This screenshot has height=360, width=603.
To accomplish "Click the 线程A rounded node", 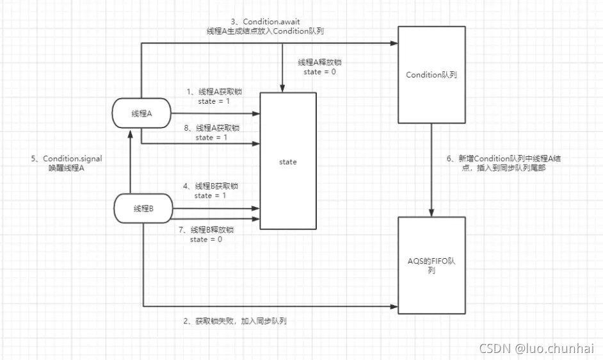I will (141, 114).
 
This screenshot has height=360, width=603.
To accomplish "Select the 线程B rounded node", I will (143, 208).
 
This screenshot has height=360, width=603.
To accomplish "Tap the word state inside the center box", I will (288, 162).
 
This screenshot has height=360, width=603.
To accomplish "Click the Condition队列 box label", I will (431, 75).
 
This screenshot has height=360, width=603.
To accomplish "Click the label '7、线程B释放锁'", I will (207, 229).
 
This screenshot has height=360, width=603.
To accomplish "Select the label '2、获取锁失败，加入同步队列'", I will (235, 321).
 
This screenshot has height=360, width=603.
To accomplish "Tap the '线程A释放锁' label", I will (319, 63).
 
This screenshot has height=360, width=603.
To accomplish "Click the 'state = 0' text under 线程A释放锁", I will (319, 72).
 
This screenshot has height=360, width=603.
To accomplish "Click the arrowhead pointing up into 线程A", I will (130, 132).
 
